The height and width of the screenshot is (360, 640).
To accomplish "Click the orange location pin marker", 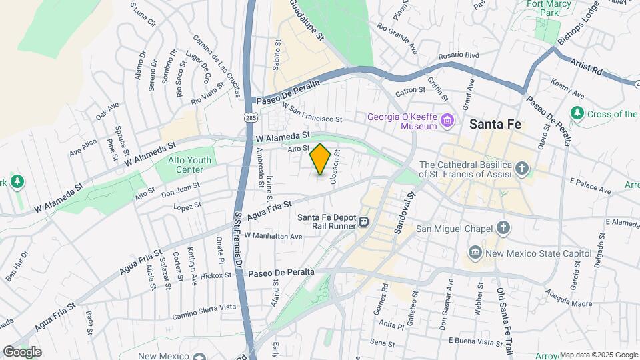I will [x=320, y=160].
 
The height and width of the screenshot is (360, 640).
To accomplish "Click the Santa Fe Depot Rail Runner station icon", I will [x=364, y=222].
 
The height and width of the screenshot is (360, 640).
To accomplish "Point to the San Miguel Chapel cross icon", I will [x=503, y=228].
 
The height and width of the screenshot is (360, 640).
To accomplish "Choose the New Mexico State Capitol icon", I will [x=475, y=253].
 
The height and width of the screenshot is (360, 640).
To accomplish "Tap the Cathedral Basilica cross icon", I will [x=523, y=169].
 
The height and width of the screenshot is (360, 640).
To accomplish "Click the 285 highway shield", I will [x=250, y=118].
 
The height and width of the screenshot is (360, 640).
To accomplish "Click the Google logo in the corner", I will [x=21, y=352].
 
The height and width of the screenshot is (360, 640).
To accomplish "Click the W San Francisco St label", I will [x=311, y=113].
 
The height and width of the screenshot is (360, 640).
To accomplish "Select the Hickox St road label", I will [x=217, y=275].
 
